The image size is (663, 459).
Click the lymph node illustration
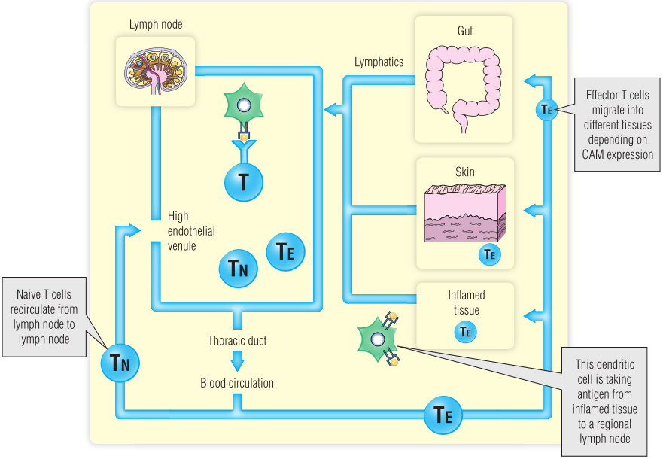(x=157, y=69)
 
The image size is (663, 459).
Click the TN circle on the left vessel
(x=120, y=364)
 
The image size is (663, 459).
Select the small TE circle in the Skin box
(x=489, y=255)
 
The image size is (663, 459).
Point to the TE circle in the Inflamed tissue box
(x=465, y=330)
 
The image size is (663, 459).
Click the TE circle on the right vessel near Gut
(x=547, y=110)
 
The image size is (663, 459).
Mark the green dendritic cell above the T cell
(x=243, y=106)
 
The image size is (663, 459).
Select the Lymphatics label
(x=379, y=62)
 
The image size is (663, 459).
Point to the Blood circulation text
(x=237, y=383)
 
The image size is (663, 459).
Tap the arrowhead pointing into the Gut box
(x=529, y=80)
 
